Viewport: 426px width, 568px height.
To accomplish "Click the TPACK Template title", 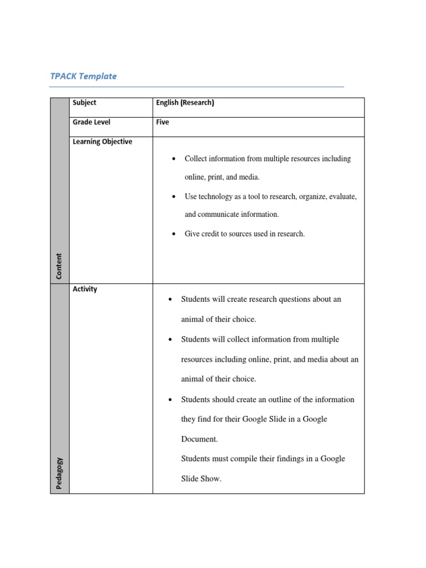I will tap(83, 77).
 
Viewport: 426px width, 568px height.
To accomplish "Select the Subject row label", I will tap(84, 103).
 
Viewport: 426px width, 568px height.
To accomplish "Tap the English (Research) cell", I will tap(185, 103).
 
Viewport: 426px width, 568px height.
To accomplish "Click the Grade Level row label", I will tap(92, 122).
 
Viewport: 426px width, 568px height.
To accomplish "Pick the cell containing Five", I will tap(163, 122).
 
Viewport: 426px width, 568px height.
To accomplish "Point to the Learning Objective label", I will tap(102, 141).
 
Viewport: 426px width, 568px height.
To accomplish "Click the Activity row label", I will tap(85, 289).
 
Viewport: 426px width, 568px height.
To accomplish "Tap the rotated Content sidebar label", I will tap(59, 266).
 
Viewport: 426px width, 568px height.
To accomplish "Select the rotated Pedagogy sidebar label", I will tap(59, 473).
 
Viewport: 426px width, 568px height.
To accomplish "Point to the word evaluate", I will tap(342, 197).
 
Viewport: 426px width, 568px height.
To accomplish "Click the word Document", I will tap(199, 439).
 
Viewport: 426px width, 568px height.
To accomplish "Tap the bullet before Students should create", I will tap(171, 400).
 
